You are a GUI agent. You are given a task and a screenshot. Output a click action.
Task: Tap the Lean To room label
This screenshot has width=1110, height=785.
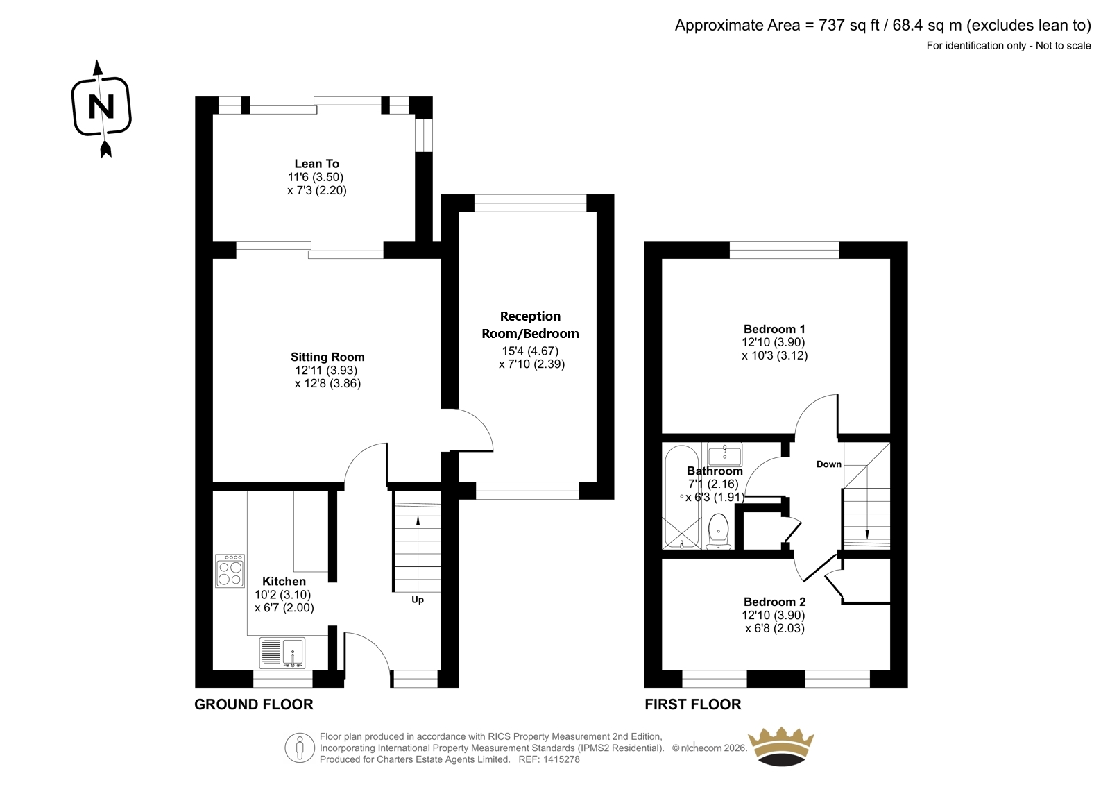click(x=316, y=164)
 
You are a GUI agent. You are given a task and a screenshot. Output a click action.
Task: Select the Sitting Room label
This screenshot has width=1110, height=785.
click(x=327, y=357)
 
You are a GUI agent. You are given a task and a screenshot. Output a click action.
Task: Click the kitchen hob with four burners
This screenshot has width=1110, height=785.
click(x=230, y=571)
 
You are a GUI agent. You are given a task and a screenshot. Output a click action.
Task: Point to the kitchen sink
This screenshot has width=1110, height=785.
click(x=282, y=652)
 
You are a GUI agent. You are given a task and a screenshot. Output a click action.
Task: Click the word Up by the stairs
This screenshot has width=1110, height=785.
click(x=418, y=600)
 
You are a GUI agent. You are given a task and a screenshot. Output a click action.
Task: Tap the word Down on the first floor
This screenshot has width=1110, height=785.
click(x=829, y=464)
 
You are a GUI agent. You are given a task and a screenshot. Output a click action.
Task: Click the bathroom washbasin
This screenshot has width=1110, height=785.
click(x=724, y=453)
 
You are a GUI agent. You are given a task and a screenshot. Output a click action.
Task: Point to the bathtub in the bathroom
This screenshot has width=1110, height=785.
click(x=682, y=496)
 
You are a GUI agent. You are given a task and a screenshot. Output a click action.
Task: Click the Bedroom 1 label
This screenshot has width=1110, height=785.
click(x=774, y=329)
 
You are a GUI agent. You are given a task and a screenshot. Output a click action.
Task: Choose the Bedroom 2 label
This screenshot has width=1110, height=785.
click(x=774, y=602)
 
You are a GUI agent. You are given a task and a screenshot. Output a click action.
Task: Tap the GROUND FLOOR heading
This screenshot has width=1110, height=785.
click(x=254, y=704)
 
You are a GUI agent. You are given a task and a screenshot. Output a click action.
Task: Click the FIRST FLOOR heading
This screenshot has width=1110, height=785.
click(x=693, y=704)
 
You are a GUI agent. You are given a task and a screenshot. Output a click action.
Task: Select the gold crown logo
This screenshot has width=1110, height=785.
click(x=781, y=746)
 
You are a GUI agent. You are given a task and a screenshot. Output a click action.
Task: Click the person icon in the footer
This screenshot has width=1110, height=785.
click(x=300, y=748)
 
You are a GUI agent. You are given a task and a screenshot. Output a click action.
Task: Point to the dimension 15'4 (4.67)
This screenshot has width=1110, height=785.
click(x=530, y=351)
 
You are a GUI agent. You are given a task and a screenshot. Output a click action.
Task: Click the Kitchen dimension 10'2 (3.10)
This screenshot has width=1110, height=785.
click(x=283, y=595)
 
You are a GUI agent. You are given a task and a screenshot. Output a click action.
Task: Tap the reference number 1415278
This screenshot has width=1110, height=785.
click(x=561, y=759)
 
